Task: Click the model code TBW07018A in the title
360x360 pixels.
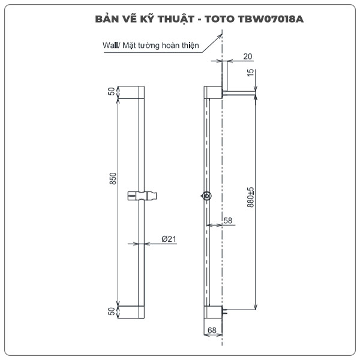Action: click(273, 19)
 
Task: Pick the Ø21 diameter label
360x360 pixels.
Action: click(169, 239)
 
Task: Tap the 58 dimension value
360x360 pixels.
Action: click(227, 221)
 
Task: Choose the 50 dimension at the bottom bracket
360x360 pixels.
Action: click(112, 311)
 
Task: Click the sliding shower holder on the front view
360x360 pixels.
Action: click(143, 196)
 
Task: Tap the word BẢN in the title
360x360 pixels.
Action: click(107, 19)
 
